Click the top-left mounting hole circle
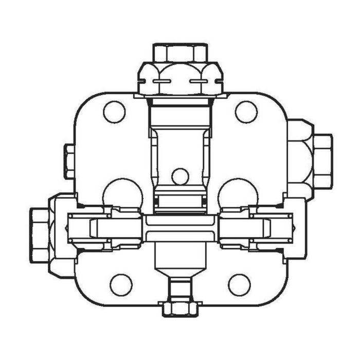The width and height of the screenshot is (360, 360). pyautogui.click(x=114, y=112)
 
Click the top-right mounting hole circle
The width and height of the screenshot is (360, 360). pyautogui.click(x=246, y=112)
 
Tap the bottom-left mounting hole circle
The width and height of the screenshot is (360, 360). pyautogui.click(x=121, y=284)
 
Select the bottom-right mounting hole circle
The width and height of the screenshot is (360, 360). pyautogui.click(x=239, y=284)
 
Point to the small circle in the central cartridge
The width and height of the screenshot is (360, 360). pyautogui.click(x=180, y=176)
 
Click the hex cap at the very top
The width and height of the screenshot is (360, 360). pyautogui.click(x=180, y=52)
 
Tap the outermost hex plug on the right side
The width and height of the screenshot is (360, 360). pyautogui.click(x=322, y=160)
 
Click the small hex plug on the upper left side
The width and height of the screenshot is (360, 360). pyautogui.click(x=69, y=161)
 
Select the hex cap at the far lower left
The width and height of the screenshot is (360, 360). pyautogui.click(x=40, y=235)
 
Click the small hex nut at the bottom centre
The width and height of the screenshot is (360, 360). pyautogui.click(x=180, y=308)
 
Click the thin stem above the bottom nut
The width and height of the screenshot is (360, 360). pyautogui.click(x=180, y=288)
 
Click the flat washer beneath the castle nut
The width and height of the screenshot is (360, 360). pyautogui.click(x=180, y=95)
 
